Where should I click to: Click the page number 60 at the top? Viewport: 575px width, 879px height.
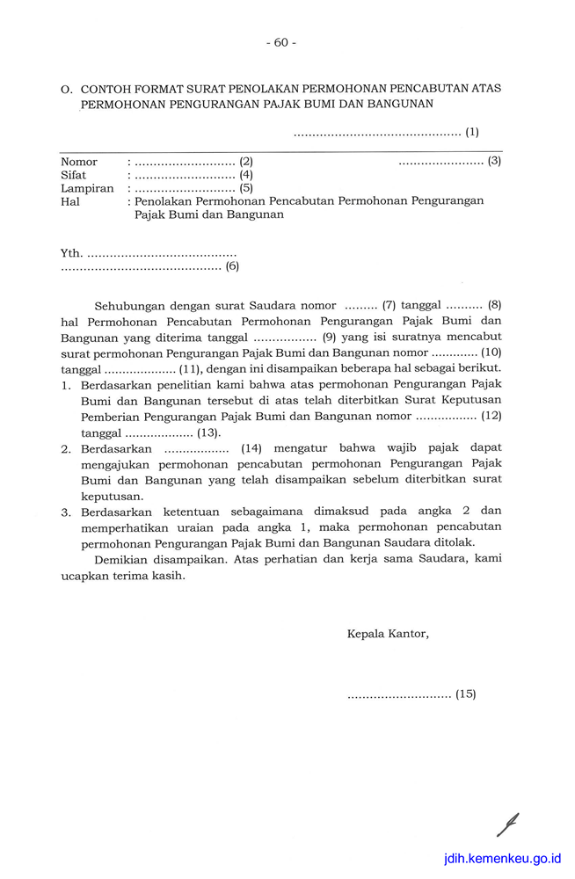point(280,42)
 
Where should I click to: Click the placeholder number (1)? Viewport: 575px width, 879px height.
point(472,133)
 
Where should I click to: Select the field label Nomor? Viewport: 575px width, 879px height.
point(79,162)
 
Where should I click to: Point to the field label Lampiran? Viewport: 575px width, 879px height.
point(87,188)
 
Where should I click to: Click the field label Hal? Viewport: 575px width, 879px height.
point(69,201)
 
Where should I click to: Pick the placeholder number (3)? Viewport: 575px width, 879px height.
point(494,161)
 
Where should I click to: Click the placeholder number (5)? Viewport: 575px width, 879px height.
point(246,188)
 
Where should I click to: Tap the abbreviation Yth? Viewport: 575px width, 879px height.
point(71,253)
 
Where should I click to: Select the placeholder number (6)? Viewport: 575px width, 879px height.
point(232,266)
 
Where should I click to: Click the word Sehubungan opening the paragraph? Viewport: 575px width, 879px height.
point(128,306)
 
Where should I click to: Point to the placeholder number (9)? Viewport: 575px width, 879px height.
point(331,337)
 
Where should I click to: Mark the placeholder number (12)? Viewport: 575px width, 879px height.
point(492,416)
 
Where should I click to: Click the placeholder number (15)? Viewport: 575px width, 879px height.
point(465,694)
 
